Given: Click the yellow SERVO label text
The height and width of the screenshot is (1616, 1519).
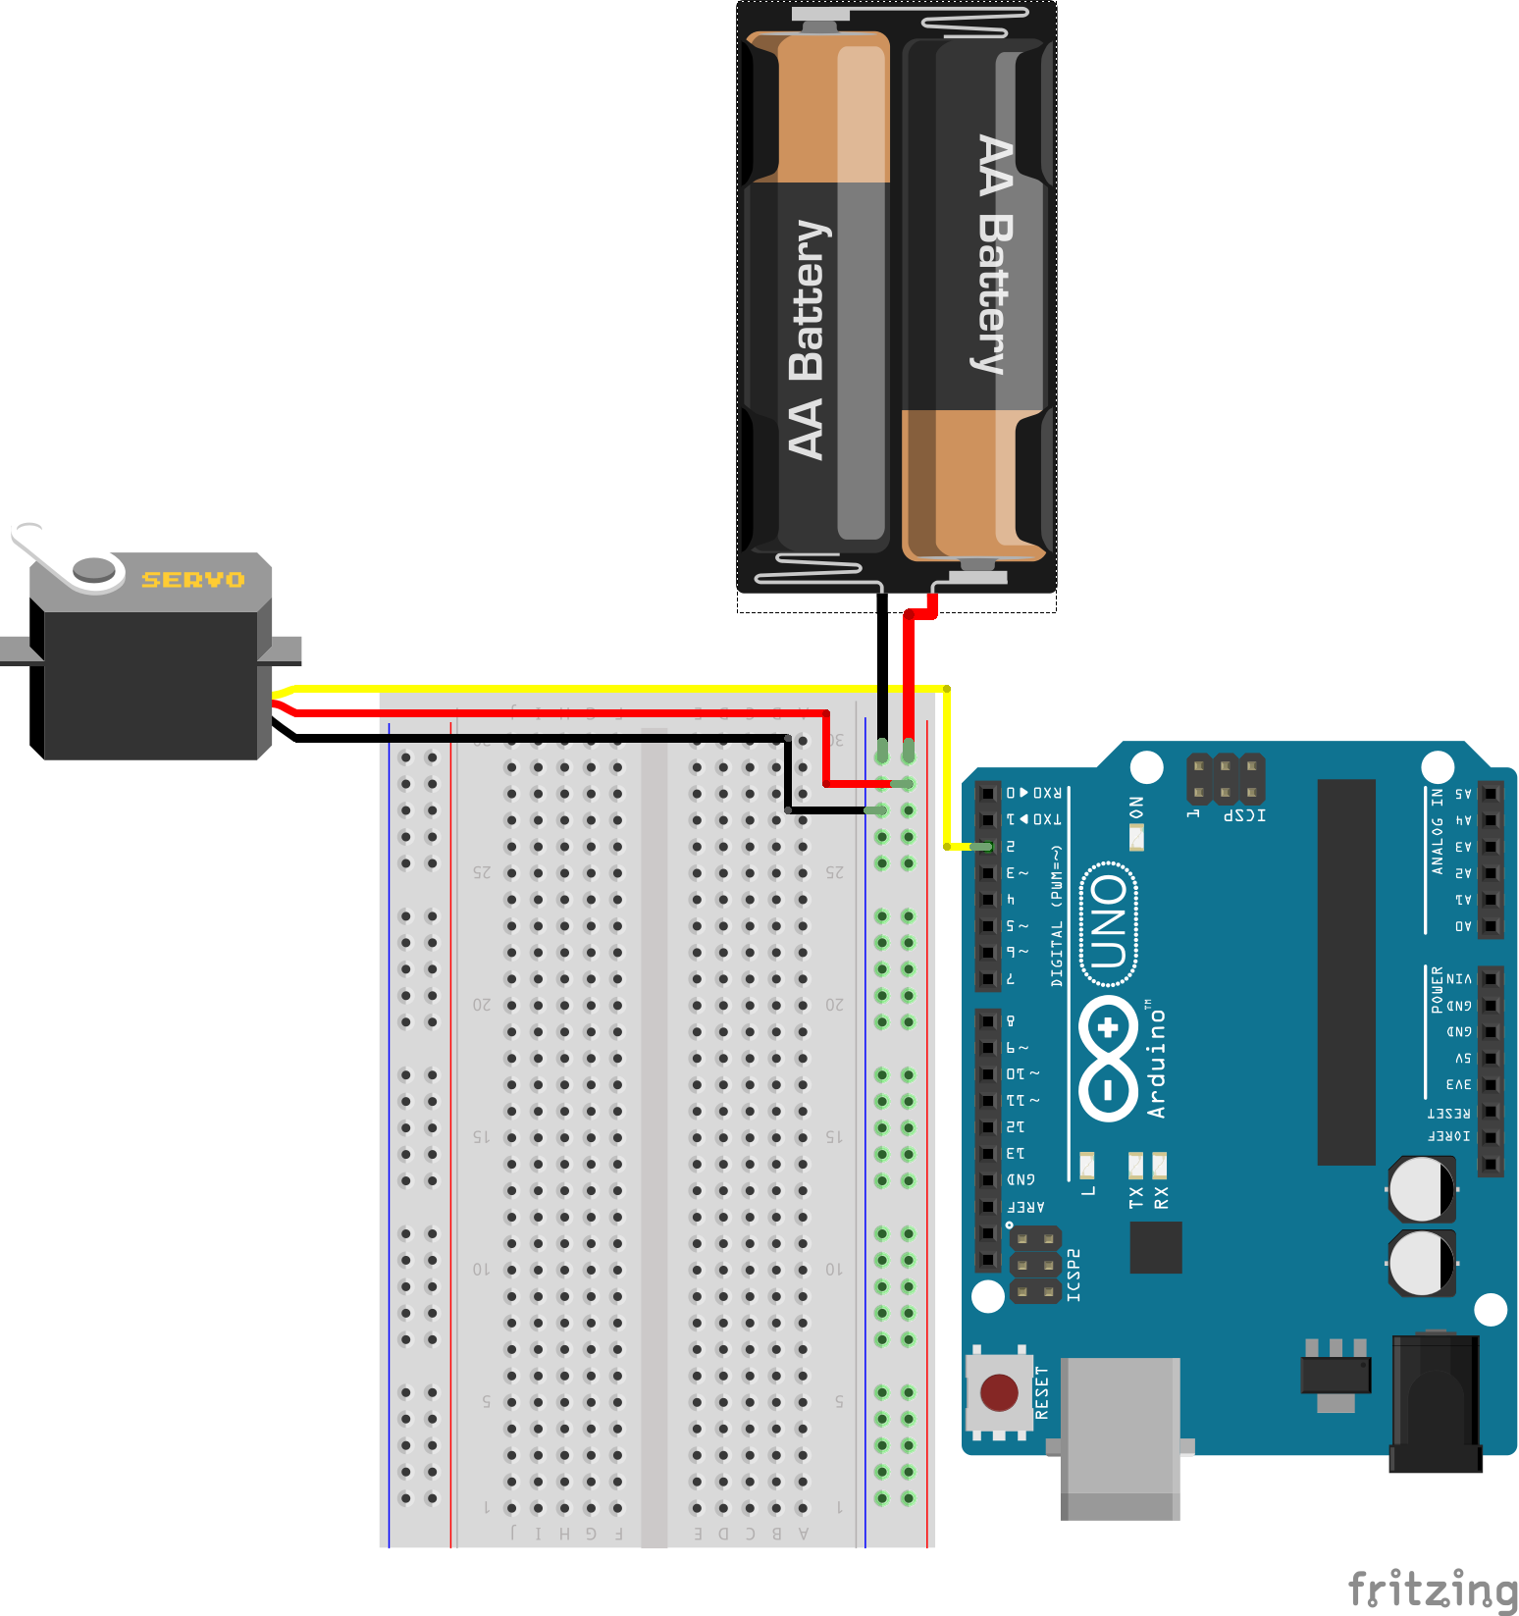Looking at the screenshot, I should click(193, 580).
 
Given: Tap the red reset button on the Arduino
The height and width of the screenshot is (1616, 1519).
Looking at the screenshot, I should click(999, 1391).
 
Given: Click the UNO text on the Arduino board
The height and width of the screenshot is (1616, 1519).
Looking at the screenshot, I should click(1109, 921).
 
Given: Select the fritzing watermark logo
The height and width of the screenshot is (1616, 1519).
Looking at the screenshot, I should click(1432, 1589).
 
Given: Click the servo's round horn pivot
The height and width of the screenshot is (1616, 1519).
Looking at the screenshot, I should click(94, 569).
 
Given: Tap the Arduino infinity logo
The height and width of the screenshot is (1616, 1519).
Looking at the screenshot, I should click(1109, 1059).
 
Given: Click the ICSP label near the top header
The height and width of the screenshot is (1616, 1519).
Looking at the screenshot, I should click(1244, 815).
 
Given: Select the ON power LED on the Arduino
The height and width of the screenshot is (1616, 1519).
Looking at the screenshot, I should click(1136, 836).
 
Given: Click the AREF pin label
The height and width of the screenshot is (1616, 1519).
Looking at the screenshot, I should click(1026, 1207).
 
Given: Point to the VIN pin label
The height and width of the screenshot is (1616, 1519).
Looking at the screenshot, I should click(1458, 979).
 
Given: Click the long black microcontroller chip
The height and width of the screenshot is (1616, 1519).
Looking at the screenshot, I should click(1346, 971).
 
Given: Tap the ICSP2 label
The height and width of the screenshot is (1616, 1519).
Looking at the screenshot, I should click(1074, 1275).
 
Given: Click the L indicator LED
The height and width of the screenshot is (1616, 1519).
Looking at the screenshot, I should click(1087, 1166).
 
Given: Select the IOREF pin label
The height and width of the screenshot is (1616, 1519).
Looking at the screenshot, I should click(1449, 1136).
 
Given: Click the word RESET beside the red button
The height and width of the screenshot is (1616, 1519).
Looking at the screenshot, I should click(1042, 1392).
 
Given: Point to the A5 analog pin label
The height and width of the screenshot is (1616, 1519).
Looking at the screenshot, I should click(1462, 794).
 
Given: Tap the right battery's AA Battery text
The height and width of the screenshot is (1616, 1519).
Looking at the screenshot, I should click(995, 255).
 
